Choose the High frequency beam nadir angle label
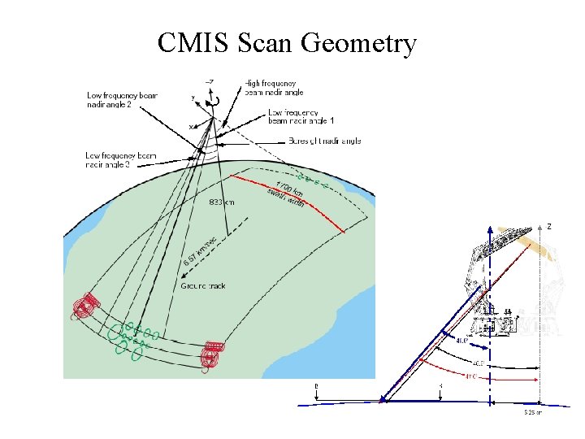271,88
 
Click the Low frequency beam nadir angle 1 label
301,116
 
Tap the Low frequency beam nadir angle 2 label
122,99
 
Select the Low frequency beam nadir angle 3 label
121,159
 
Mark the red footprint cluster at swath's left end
84,306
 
